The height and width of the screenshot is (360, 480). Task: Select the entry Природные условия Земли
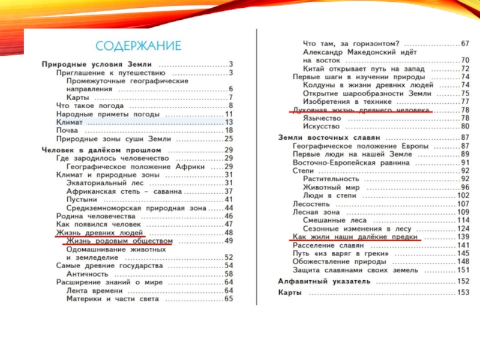coord(97,64)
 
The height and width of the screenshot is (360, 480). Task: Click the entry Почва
coord(67,130)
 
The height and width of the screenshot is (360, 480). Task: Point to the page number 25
coord(228,139)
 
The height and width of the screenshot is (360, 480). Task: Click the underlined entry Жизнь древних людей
coord(99,232)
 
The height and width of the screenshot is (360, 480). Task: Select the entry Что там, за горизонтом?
coord(351,44)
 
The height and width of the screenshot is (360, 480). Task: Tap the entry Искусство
coord(322,127)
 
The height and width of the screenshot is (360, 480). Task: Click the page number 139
coord(463,237)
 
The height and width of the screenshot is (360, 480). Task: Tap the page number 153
coord(463,293)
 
